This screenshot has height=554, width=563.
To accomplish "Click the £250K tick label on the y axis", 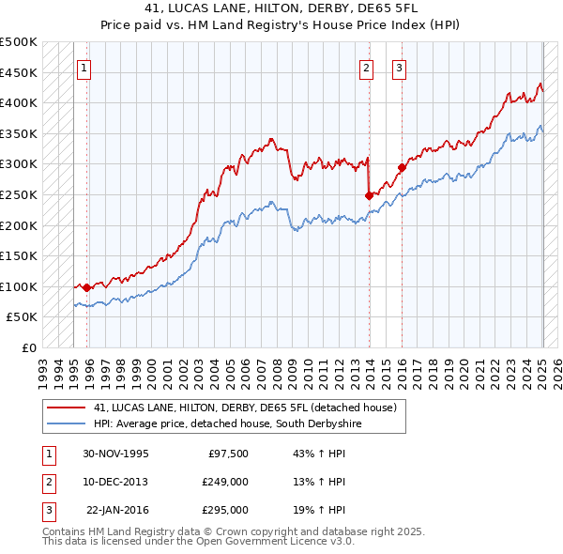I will [x=19, y=194].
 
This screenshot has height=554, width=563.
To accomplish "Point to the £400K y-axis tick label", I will [x=19, y=102].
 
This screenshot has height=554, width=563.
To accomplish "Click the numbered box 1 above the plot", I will [x=84, y=68].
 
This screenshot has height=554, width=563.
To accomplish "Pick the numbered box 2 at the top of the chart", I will [x=366, y=68].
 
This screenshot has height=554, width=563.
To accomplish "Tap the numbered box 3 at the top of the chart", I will [x=399, y=68].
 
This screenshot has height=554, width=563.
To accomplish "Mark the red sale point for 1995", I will [x=87, y=288].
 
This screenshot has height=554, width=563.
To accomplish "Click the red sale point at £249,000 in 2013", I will [x=369, y=195].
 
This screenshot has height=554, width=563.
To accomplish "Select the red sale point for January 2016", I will [x=402, y=167].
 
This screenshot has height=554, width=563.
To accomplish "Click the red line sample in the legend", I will [x=67, y=408].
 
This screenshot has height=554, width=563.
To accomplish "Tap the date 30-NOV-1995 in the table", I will [x=115, y=454].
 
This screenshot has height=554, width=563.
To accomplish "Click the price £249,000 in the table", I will [x=225, y=482].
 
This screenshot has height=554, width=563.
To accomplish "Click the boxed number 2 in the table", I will [x=47, y=482].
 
